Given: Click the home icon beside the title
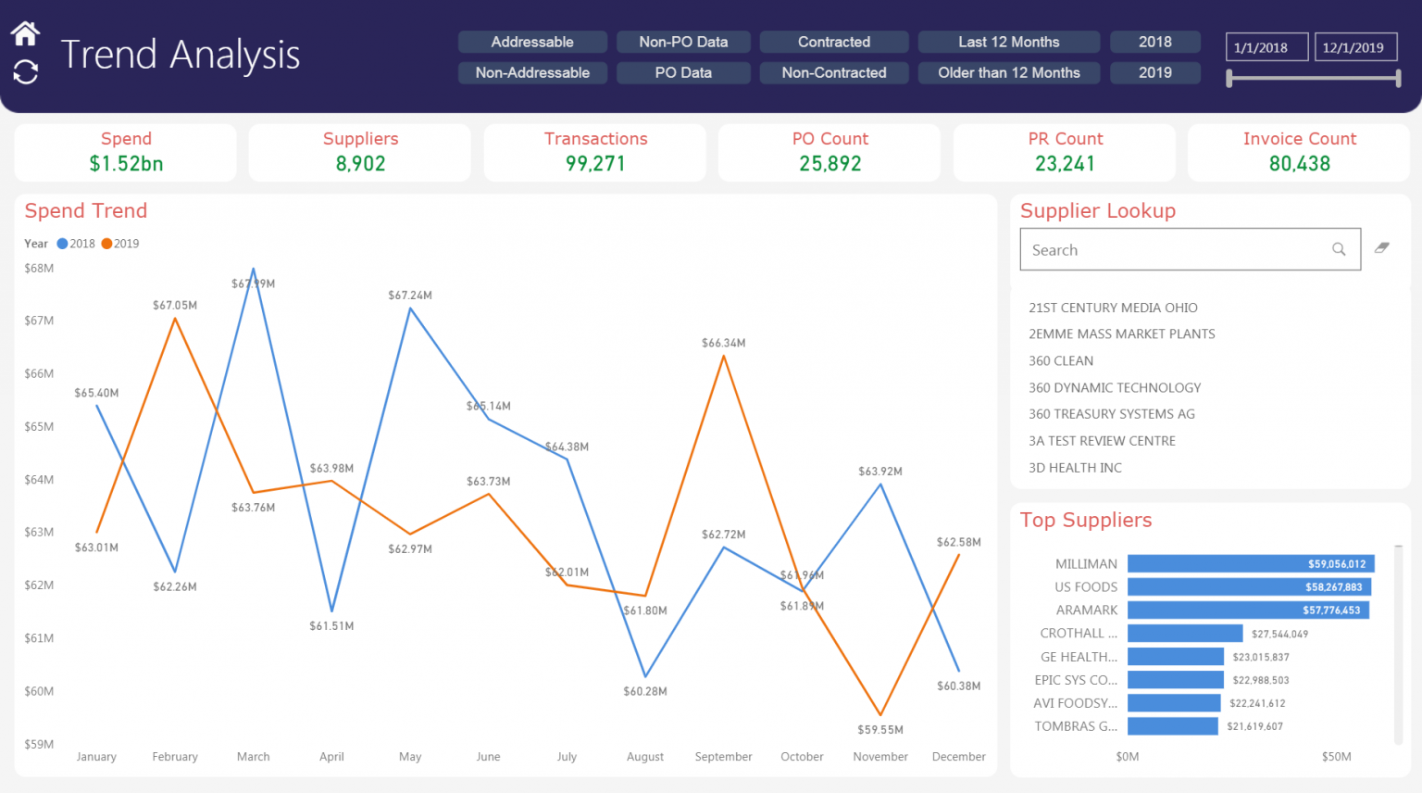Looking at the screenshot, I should pos(25,34).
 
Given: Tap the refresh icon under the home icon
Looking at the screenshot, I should pos(25,71).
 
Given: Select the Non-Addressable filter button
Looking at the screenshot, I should pos(532,72).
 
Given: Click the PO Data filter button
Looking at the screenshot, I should pos(683,72).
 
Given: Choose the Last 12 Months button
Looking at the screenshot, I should pos(1008,42).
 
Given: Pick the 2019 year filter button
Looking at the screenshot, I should pos(1154,72).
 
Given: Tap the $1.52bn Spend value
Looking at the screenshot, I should pos(126,164).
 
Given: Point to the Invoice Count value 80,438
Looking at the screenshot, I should pos(1299,164).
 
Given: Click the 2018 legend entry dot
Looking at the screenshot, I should pos(63,244).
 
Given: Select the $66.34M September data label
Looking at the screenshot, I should pos(723,343).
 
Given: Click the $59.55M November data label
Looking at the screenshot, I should pos(879,730).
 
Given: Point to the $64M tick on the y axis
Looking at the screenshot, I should pos(39,480).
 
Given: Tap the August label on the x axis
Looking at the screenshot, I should pos(645,757).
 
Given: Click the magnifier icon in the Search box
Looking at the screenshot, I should pos(1339,249).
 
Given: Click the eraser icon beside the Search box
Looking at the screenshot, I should pos(1382,247).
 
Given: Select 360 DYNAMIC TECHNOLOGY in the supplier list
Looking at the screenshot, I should pos(1115,387).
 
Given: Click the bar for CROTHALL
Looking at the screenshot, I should pos(1185,634).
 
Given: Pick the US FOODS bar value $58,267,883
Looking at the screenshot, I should pos(1333,587).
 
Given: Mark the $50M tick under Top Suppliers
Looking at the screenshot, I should pos(1336,757).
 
